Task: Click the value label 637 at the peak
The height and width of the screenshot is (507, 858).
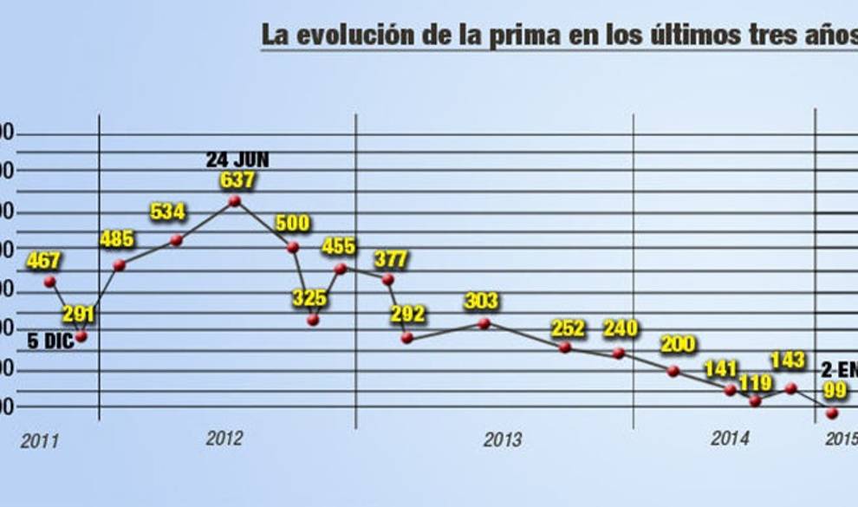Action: [237, 180]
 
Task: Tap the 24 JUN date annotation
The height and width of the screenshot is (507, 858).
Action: [237, 160]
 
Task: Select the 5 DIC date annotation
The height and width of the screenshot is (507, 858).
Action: [51, 341]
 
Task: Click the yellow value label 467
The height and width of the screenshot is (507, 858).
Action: [43, 259]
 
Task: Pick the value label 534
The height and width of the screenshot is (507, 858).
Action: [168, 211]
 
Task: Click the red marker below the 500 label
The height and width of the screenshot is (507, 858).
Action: [293, 247]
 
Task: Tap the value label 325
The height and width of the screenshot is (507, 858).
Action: [309, 298]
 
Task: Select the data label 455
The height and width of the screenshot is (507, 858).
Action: [338, 246]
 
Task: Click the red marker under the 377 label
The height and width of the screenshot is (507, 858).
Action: [387, 279]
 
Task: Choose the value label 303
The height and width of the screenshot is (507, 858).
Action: [481, 301]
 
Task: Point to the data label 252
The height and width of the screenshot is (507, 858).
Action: [569, 329]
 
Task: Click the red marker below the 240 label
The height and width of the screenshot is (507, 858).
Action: [618, 353]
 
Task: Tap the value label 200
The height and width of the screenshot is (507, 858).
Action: [678, 345]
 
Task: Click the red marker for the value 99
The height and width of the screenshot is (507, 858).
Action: [833, 413]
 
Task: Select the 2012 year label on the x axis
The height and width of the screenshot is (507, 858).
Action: [224, 439]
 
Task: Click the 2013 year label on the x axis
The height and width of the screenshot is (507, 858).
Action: [503, 440]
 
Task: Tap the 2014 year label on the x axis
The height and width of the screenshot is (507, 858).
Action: [730, 439]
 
